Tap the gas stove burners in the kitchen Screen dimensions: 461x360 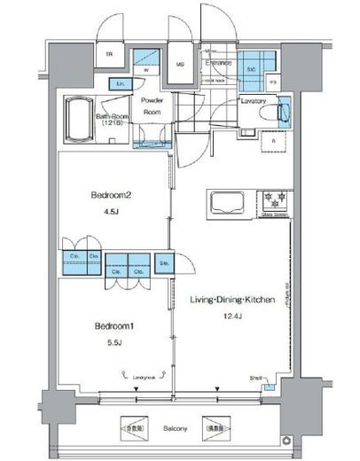tap(272, 198)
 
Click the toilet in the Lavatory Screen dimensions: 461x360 tap(286, 115)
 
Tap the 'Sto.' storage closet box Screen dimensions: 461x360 tap(164, 263)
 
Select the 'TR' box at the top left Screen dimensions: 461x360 tap(111, 55)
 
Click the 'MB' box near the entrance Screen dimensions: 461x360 tap(178, 64)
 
